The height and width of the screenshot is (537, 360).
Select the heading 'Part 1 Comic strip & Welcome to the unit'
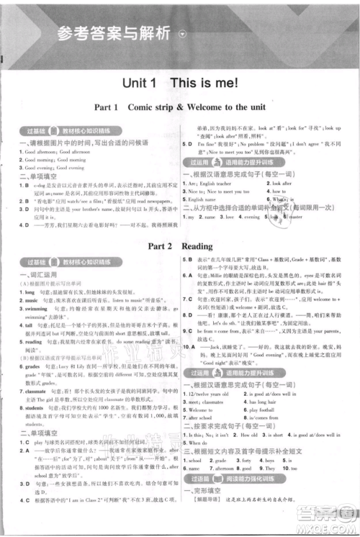pos(179,107)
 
